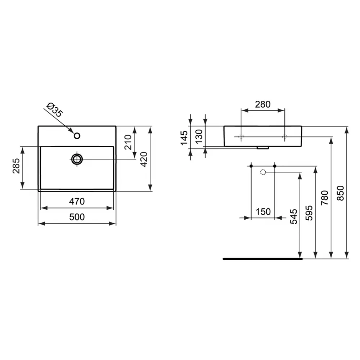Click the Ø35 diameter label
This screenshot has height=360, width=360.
[x=54, y=110]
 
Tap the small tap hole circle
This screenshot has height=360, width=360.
[x=77, y=136]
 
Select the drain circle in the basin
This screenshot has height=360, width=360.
[x=77, y=159]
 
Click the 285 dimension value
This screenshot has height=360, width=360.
[x=16, y=166]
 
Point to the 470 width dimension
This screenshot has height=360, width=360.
[x=77, y=201]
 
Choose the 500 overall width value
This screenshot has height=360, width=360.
[x=77, y=217]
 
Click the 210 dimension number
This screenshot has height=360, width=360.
[x=128, y=142]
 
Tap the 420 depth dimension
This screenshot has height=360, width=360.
[x=144, y=159]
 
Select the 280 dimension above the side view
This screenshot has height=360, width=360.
[x=263, y=104]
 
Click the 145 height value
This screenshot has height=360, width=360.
[x=184, y=138]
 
